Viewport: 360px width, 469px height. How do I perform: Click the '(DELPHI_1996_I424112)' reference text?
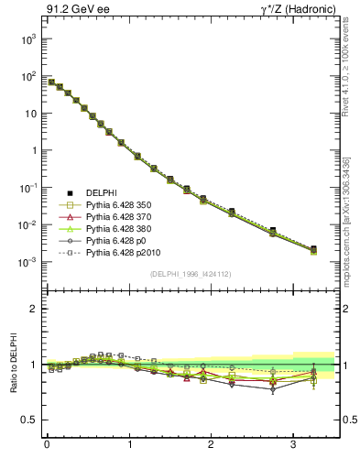pyautogui.click(x=191, y=273)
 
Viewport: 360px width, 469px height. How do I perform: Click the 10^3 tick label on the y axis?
pyautogui.click(x=27, y=39)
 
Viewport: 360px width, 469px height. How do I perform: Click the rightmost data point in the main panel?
pyautogui.click(x=313, y=249)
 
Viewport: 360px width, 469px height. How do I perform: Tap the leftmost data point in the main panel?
pyautogui.click(x=51, y=82)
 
